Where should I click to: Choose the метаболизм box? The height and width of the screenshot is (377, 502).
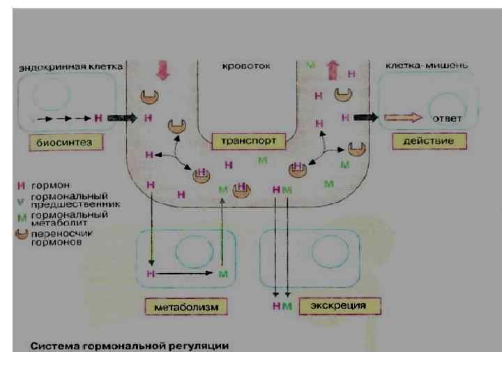pyautogui.click(x=186, y=306)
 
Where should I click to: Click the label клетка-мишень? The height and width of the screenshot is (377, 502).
pyautogui.click(x=427, y=65)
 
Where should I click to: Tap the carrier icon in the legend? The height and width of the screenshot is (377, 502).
pyautogui.click(x=22, y=236)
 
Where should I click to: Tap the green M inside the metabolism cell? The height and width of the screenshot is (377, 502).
pyautogui.click(x=222, y=274)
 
